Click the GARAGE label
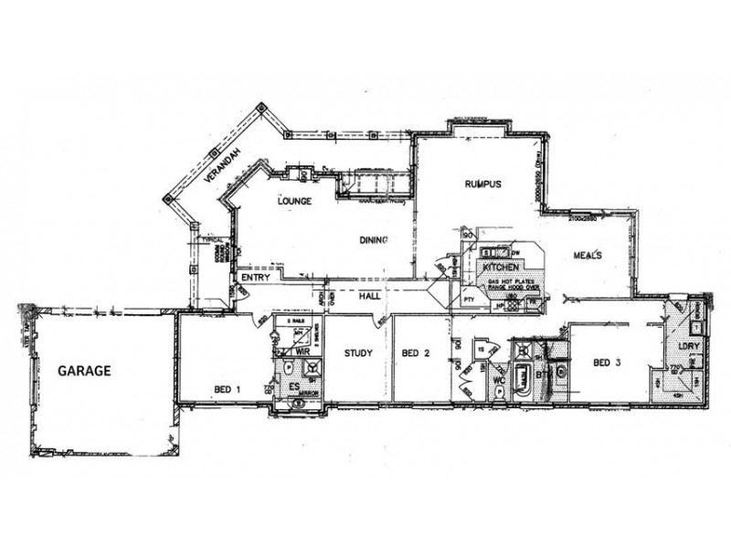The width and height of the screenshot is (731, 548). (85, 371)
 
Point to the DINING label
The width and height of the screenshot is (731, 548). (375, 240)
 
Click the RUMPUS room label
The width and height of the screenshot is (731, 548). (482, 184)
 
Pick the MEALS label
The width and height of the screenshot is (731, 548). (587, 255)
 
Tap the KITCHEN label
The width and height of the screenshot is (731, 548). (501, 266)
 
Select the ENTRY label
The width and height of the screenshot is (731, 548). (253, 279)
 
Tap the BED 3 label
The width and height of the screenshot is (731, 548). (607, 363)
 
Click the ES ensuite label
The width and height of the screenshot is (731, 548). (294, 388)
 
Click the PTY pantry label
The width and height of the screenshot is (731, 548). (470, 298)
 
